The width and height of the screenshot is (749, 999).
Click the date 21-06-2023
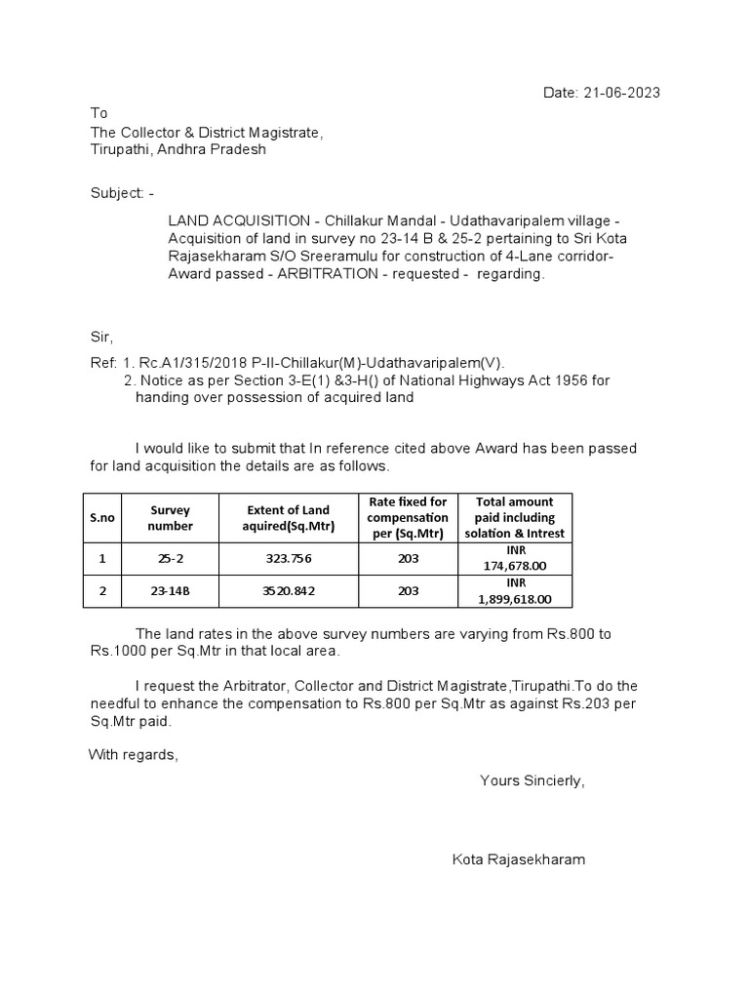point(622,93)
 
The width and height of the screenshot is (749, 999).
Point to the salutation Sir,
point(101,337)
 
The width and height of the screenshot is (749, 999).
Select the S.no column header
point(103,518)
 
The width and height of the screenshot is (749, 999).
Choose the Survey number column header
point(170,518)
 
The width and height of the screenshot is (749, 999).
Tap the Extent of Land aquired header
point(289,518)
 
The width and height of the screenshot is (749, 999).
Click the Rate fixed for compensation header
point(409,518)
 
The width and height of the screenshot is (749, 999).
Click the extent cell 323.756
point(289,559)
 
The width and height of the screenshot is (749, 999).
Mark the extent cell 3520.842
point(289,591)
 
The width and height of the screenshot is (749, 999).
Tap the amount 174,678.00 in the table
point(515,566)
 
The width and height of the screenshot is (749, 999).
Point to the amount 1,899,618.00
point(515,599)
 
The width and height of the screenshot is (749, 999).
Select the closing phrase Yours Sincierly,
point(532,780)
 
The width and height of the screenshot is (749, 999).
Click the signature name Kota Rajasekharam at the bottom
point(519,859)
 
